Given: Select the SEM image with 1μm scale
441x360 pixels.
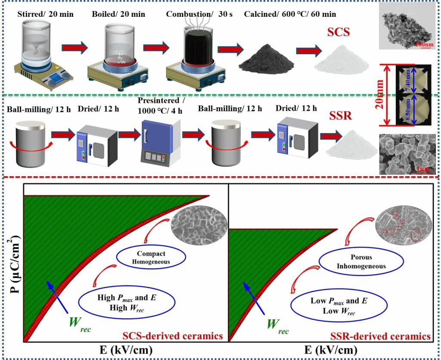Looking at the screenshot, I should (407, 154).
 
